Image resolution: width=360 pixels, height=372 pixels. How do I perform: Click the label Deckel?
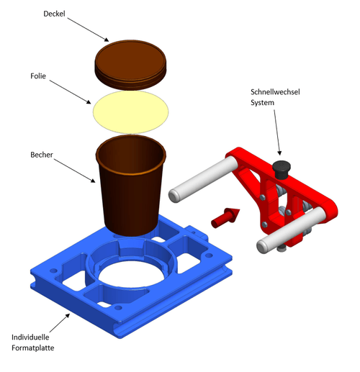[54, 14]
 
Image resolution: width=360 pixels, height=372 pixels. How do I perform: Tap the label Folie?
[38, 76]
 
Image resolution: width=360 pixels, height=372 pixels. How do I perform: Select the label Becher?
[42, 155]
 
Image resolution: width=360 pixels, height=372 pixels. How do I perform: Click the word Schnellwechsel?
[275, 92]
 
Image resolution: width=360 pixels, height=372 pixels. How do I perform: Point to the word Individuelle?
[30, 337]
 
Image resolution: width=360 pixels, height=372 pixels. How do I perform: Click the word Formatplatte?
[33, 348]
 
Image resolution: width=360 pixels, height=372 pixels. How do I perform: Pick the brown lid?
[130, 65]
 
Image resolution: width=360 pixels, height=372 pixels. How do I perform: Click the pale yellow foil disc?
[130, 112]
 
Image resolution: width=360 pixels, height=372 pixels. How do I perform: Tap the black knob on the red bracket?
[282, 170]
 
